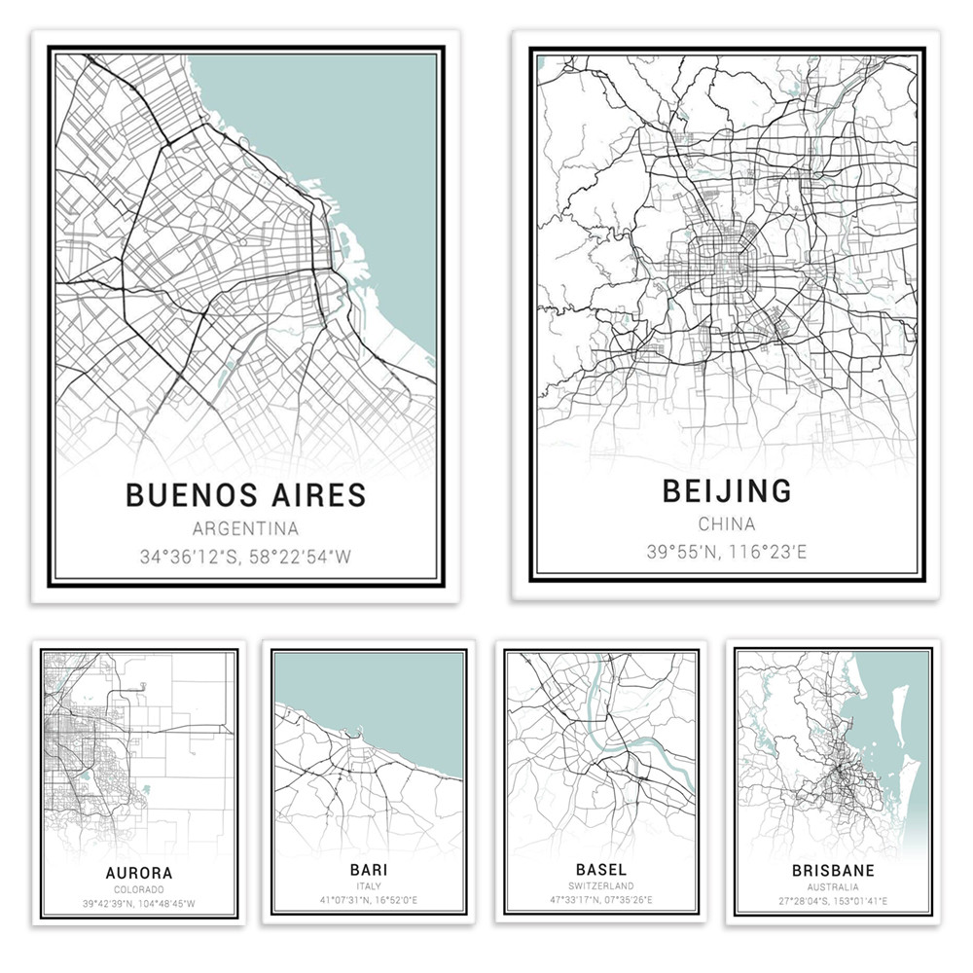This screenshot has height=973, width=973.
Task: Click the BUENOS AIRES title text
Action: (x=245, y=494)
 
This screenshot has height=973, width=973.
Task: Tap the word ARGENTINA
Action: (x=245, y=529)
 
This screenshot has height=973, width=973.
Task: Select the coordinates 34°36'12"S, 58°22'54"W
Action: (x=245, y=559)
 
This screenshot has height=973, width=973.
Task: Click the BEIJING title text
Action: (x=727, y=491)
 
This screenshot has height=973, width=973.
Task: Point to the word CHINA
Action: (x=727, y=526)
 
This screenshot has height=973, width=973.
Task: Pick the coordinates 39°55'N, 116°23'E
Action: (x=727, y=554)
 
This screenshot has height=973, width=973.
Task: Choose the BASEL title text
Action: (x=600, y=868)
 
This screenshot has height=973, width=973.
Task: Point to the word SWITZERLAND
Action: (x=600, y=885)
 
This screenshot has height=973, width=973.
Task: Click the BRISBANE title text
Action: (x=833, y=870)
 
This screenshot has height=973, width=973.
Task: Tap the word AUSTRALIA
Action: (x=833, y=887)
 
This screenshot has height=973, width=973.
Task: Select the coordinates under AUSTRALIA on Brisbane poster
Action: (x=833, y=902)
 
